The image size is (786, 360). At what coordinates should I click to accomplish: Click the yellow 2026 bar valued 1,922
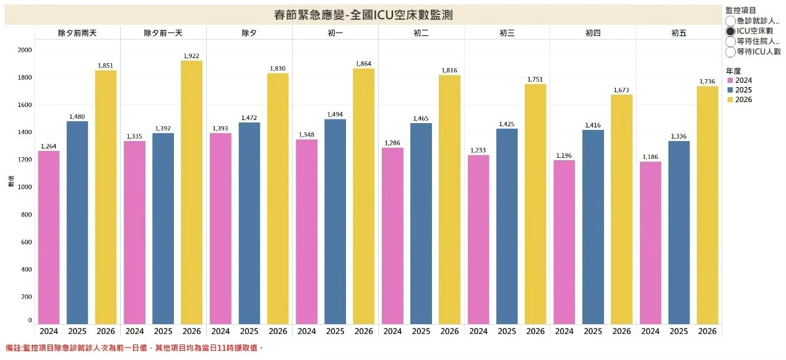click(192, 192)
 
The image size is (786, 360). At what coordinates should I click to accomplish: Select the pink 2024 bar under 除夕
click(221, 228)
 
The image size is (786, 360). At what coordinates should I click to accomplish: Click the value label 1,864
click(364, 64)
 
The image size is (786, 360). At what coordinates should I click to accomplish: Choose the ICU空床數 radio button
click(731, 31)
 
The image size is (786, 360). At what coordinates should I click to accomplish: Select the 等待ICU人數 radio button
click(731, 52)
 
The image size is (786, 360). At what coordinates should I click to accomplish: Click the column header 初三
click(506, 33)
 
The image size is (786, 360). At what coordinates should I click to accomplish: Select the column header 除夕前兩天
click(77, 33)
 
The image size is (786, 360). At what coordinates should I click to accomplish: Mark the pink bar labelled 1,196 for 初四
click(564, 242)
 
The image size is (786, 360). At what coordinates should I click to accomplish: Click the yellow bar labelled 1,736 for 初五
click(707, 205)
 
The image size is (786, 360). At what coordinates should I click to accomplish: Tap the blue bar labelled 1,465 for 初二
click(421, 223)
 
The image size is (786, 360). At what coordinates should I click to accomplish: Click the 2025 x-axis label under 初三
click(507, 332)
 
